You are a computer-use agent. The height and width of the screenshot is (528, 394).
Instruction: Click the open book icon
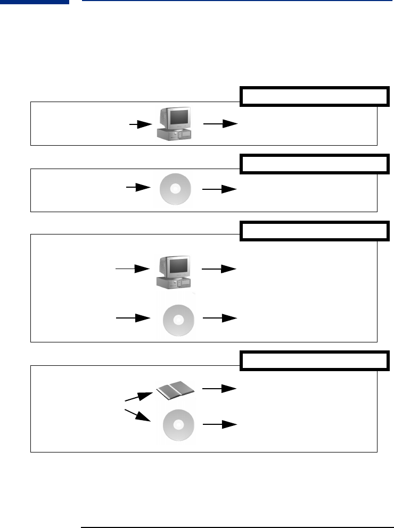pyautogui.click(x=175, y=390)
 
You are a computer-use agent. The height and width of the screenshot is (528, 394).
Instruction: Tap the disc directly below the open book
pyautogui.click(x=179, y=425)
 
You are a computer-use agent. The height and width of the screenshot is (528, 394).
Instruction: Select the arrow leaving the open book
pyautogui.click(x=219, y=389)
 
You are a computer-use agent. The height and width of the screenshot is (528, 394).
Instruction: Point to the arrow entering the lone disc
pyautogui.click(x=138, y=188)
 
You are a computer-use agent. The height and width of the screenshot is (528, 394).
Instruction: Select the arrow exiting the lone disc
pyautogui.click(x=219, y=189)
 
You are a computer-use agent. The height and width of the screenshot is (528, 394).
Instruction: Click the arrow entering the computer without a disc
pyautogui.click(x=141, y=124)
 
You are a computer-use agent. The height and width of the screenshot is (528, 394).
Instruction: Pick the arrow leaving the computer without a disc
pyautogui.click(x=219, y=124)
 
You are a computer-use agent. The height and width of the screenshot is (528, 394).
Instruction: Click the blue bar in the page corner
pyautogui.click(x=35, y=2)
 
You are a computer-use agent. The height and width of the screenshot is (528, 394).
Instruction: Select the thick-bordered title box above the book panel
pyautogui.click(x=314, y=361)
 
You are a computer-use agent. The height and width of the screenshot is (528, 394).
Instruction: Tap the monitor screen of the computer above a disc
pyautogui.click(x=178, y=264)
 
